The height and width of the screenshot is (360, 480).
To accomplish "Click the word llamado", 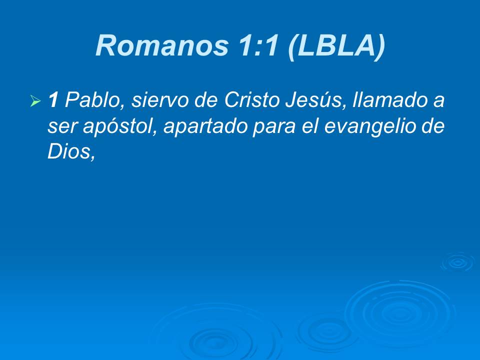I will coord(386,101).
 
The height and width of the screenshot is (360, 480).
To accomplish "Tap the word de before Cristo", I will coord(204,101).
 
